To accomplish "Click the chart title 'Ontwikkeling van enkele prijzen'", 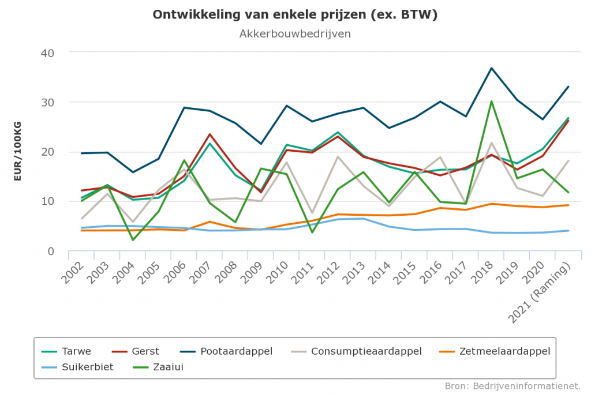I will click(295, 15).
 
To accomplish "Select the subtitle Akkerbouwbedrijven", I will click(295, 33).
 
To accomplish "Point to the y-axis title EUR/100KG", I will click(18, 152).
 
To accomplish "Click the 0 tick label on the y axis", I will click(50, 252).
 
